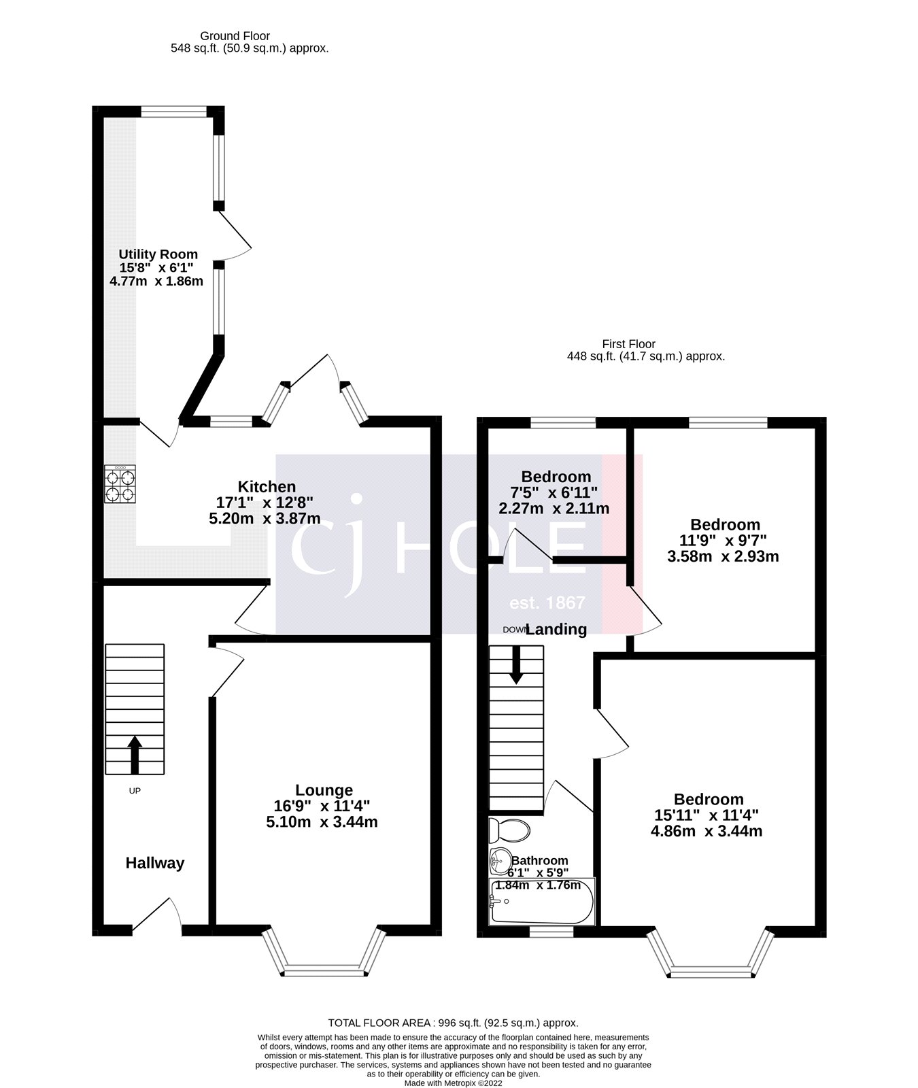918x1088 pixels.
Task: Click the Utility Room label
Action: [x=158, y=254]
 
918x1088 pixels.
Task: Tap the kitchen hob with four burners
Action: [x=120, y=485]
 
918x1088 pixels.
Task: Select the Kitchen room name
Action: [x=267, y=487]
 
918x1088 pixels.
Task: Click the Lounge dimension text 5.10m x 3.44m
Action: [x=322, y=822]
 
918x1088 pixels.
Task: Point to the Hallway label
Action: [x=155, y=863]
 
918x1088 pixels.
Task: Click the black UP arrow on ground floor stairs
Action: [x=135, y=754]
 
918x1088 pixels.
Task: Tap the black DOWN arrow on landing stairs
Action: [x=516, y=664]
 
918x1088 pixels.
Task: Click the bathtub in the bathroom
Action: [x=541, y=902]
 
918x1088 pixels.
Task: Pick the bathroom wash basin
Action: [x=499, y=861]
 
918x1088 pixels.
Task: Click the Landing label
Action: [x=556, y=630]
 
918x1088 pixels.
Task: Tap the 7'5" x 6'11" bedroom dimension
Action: [x=556, y=492]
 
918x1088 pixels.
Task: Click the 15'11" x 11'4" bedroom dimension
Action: [x=709, y=815]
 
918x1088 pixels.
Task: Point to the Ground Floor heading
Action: [x=235, y=36]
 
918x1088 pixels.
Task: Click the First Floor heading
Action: [x=628, y=344]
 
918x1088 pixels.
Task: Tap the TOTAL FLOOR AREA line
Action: [x=453, y=1023]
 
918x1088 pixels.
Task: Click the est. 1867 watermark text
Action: [x=547, y=602]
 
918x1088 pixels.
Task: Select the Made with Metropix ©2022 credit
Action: [x=453, y=1083]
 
